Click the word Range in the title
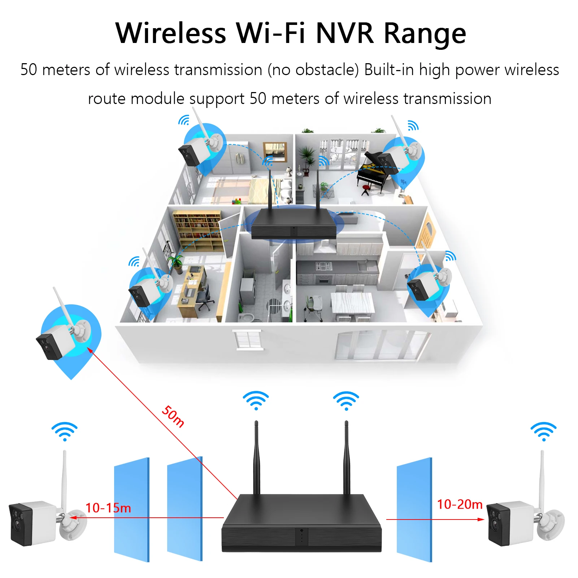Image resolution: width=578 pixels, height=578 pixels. point(425,33)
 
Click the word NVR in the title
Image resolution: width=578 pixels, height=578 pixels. point(345,33)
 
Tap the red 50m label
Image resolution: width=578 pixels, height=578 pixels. point(173,416)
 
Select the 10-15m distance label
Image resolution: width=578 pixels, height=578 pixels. point(108,508)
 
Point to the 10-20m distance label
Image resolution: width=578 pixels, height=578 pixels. point(460,504)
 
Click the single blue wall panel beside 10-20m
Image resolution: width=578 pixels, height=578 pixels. point(414,509)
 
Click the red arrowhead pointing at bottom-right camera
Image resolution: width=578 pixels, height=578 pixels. point(481,519)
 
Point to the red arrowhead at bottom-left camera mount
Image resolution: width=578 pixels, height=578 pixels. point(73,518)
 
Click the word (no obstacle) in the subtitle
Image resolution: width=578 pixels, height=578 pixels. point(313,70)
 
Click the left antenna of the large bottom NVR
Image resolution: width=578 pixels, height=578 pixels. point(256,458)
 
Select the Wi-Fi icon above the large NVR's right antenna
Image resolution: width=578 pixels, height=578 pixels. point(346,400)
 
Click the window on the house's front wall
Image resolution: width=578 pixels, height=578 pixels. point(248,340)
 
